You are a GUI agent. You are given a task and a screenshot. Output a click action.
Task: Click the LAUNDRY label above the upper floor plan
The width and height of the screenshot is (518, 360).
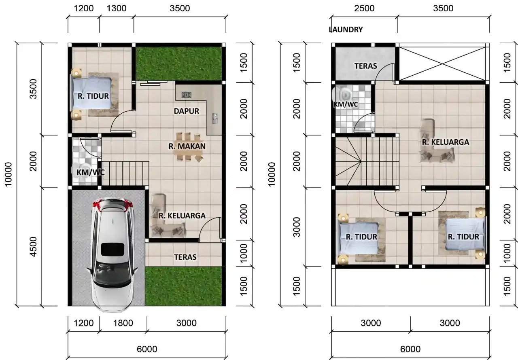click(346, 30)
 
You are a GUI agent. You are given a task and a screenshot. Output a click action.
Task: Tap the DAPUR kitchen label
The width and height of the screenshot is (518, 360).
click(186, 111)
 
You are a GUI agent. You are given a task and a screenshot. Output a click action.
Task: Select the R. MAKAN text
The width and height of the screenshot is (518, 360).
click(187, 146)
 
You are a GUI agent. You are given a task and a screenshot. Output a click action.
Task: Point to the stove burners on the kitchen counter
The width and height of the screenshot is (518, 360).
click(186, 95)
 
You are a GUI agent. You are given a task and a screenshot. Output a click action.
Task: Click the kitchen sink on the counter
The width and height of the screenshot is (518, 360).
click(214, 118)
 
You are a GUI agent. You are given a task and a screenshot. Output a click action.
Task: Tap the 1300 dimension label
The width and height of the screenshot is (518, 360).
click(117, 8)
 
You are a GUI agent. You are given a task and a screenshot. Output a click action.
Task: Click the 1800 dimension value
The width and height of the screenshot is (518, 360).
click(123, 323)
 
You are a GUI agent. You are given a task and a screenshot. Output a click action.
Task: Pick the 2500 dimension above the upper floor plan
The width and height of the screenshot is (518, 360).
click(364, 8)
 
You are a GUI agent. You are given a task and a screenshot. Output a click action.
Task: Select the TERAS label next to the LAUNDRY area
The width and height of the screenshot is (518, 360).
click(365, 66)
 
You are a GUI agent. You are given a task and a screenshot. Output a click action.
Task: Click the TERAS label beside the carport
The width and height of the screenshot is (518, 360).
click(185, 257)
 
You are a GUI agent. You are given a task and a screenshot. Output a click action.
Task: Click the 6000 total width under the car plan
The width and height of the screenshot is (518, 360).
click(146, 349)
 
